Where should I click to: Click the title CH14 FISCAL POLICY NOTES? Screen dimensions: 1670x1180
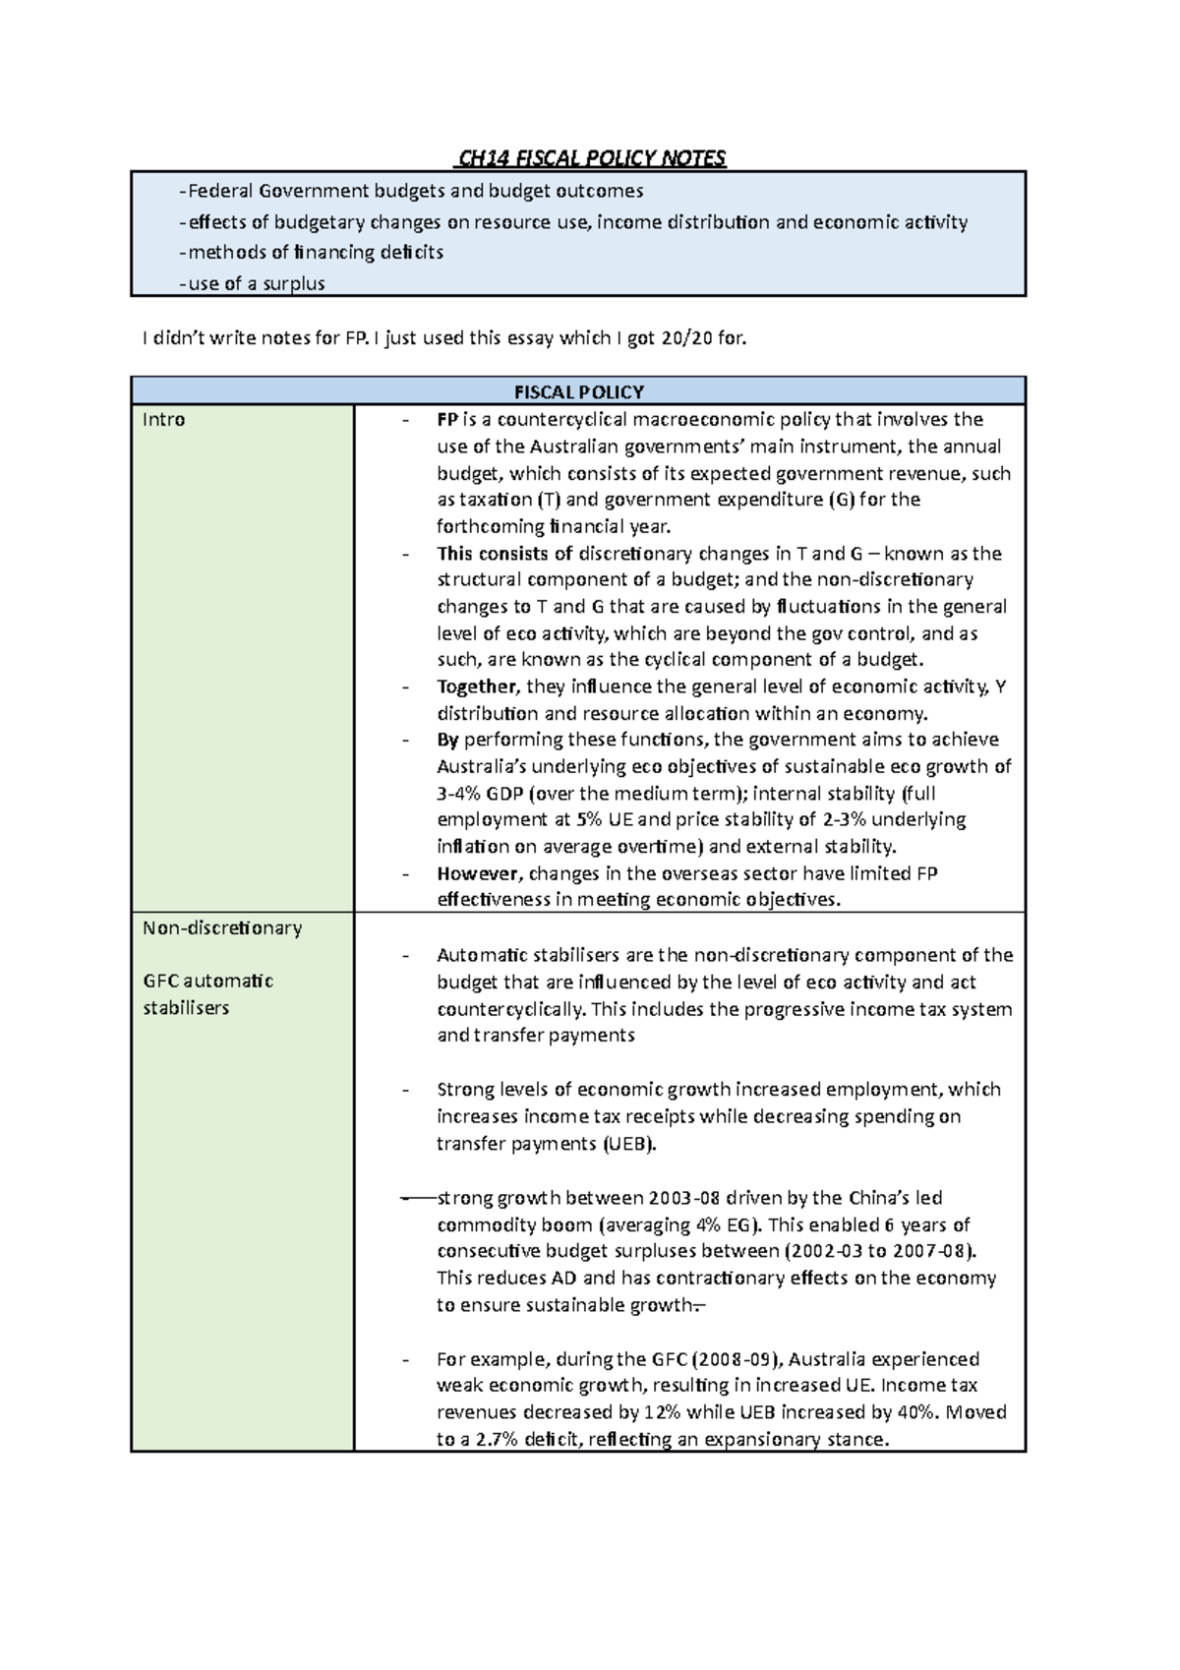click(590, 158)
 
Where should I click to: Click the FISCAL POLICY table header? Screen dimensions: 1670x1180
click(578, 391)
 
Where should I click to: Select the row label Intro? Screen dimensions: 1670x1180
click(163, 420)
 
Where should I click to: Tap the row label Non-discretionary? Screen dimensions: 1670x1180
click(222, 927)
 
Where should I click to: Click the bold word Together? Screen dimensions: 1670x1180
click(477, 686)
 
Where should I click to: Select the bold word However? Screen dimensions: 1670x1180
click(478, 873)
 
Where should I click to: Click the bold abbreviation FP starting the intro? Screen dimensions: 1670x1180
click(447, 420)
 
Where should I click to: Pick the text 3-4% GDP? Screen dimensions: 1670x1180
click(481, 794)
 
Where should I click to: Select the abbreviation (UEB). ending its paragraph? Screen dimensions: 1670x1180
click(629, 1144)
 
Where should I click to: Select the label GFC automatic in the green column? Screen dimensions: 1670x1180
click(208, 982)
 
